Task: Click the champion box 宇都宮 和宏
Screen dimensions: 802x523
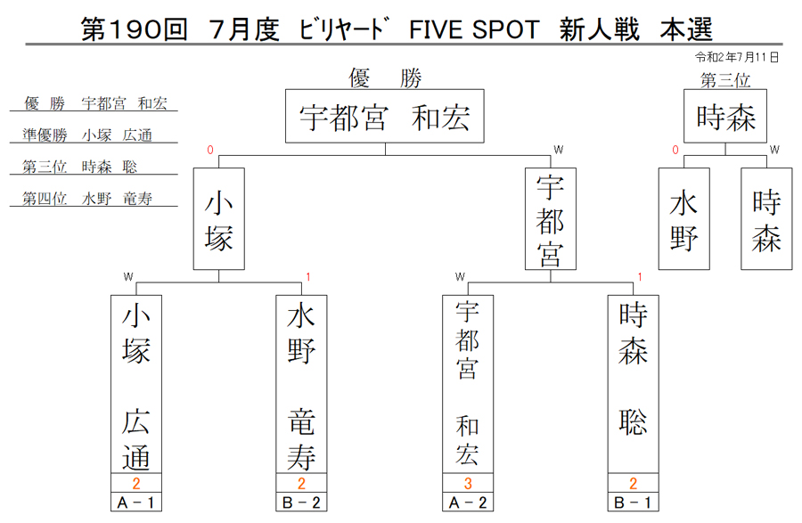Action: point(385,116)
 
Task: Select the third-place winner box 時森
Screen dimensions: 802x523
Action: point(725,116)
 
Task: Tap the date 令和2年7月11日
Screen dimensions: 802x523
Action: point(737,57)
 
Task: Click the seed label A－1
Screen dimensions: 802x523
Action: point(136,503)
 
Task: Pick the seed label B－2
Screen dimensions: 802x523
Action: point(301,503)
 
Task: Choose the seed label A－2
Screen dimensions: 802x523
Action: point(468,503)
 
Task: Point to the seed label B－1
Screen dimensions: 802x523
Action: point(634,503)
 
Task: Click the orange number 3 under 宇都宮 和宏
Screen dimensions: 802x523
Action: point(468,483)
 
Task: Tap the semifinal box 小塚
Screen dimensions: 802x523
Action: point(219,219)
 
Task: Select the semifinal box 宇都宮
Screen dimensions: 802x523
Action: point(551,219)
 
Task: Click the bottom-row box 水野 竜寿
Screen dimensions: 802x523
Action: point(301,384)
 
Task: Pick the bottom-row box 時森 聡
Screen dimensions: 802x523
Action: point(634,384)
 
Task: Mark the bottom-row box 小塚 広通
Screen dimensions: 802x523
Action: point(136,384)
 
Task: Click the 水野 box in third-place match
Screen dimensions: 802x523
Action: point(683,219)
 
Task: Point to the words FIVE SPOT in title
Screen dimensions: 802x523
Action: point(474,29)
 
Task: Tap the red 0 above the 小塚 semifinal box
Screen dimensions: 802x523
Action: point(210,150)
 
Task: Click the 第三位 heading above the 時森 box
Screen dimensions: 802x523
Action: point(725,80)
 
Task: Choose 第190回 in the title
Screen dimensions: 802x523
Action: point(134,29)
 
